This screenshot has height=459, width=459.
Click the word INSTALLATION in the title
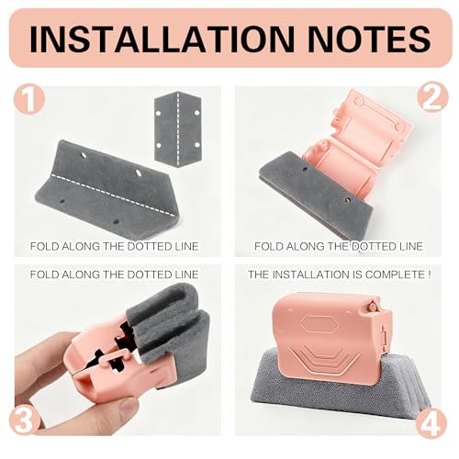162,39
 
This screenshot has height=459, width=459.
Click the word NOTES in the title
369,39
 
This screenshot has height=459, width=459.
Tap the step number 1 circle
29,99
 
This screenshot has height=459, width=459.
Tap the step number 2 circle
432,97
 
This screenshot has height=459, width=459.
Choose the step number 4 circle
431,424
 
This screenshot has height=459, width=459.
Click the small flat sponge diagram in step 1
178,129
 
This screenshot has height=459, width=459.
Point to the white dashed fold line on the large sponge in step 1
110,195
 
